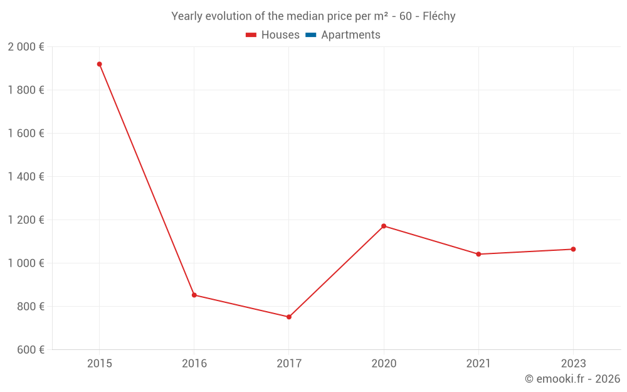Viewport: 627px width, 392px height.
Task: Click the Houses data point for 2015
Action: [x=99, y=64]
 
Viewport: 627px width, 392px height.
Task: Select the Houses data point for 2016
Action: [x=194, y=295]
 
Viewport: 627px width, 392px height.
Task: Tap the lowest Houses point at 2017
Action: [x=289, y=317]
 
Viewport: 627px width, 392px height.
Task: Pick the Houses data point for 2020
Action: [x=384, y=226]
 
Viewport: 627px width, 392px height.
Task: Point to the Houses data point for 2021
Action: [x=478, y=254]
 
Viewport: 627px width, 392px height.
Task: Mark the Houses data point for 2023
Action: [x=573, y=249]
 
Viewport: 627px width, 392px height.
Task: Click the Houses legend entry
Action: [x=273, y=35]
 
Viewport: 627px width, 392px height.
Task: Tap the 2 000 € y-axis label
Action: [x=26, y=47]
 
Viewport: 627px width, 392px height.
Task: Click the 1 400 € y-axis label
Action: [x=26, y=177]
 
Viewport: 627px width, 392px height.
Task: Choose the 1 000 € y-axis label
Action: [x=26, y=263]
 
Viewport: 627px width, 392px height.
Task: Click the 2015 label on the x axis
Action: [x=99, y=363]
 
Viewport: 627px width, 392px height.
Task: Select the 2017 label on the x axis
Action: [x=289, y=363]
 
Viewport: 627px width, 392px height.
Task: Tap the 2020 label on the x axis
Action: [x=384, y=363]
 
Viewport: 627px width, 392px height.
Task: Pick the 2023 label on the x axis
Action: [x=573, y=363]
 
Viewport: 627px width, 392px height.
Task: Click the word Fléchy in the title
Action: [x=439, y=16]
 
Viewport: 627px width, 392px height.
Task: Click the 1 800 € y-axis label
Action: [x=26, y=90]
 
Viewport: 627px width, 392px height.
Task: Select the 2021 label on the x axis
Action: [x=478, y=363]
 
